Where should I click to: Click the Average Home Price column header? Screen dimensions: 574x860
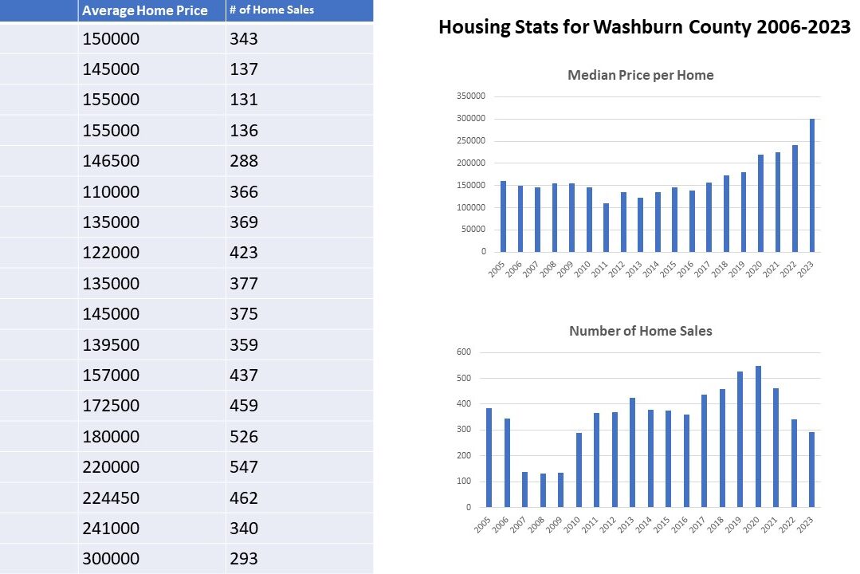144,10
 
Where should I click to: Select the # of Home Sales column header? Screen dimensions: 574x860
271,10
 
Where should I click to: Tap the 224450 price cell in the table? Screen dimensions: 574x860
111,497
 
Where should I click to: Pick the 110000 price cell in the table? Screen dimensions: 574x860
111,191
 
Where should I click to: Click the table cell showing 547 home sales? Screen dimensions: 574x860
244,467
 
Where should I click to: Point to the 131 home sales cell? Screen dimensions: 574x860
244,100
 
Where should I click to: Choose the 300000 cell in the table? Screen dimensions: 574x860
111,559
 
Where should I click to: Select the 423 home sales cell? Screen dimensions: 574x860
244,253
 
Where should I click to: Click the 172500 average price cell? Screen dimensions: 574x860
111,406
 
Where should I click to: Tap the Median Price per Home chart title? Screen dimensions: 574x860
640,76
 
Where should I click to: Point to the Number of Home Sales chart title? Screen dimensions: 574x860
640,331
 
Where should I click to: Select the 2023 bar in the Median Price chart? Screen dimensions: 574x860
812,186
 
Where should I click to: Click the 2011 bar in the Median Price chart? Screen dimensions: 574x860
606,228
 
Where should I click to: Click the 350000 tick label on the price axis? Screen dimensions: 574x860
469,96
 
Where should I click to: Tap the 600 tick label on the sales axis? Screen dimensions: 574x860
464,352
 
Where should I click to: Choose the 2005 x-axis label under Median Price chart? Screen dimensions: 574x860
497,268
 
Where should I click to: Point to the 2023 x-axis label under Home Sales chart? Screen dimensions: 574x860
807,524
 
